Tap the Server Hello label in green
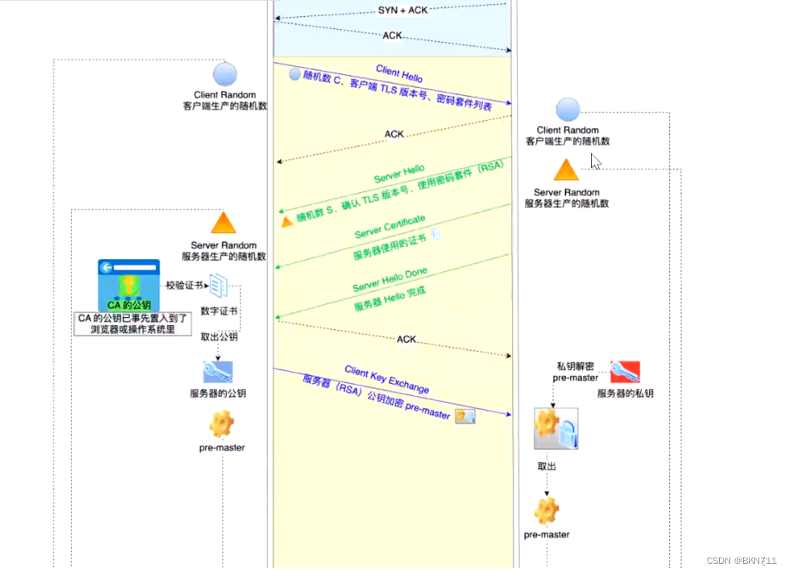pyautogui.click(x=399, y=174)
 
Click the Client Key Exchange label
pyautogui.click(x=386, y=380)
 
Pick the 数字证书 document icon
pyautogui.click(x=220, y=286)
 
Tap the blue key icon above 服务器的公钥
pyautogui.click(x=217, y=371)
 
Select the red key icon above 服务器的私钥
pyautogui.click(x=625, y=371)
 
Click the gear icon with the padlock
pyautogui.click(x=556, y=429)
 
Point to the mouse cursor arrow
pyautogui.click(x=596, y=162)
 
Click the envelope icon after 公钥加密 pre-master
pyautogui.click(x=465, y=416)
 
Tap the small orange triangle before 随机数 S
pyautogui.click(x=287, y=220)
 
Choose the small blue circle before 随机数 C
pyautogui.click(x=295, y=75)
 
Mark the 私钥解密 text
pyautogui.click(x=575, y=366)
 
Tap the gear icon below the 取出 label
pyautogui.click(x=547, y=510)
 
